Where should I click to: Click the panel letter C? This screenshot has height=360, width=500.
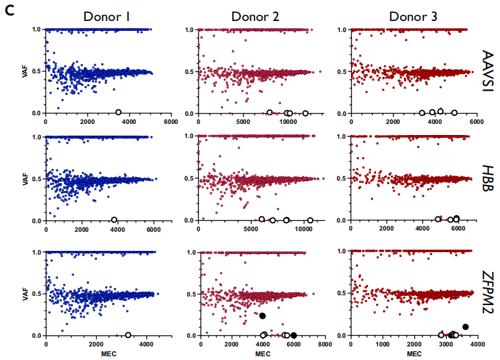pyautogui.click(x=9, y=10)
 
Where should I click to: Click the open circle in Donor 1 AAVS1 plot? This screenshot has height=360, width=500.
pyautogui.click(x=118, y=112)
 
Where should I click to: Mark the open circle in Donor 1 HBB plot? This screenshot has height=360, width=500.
pyautogui.click(x=114, y=220)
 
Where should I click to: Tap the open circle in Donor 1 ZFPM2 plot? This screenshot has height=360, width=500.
pyautogui.click(x=128, y=335)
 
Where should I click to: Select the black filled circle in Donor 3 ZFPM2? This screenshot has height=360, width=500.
pyautogui.click(x=465, y=327)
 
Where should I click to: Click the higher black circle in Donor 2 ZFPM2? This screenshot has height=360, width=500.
pyautogui.click(x=262, y=316)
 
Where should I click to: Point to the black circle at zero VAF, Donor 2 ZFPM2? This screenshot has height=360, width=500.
pyautogui.click(x=293, y=335)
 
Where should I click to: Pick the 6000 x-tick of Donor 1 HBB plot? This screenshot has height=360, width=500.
pyautogui.click(x=154, y=230)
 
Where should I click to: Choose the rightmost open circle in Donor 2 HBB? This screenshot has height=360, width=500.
pyautogui.click(x=310, y=220)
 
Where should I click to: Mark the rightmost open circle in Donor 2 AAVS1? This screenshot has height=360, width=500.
pyautogui.click(x=305, y=113)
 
